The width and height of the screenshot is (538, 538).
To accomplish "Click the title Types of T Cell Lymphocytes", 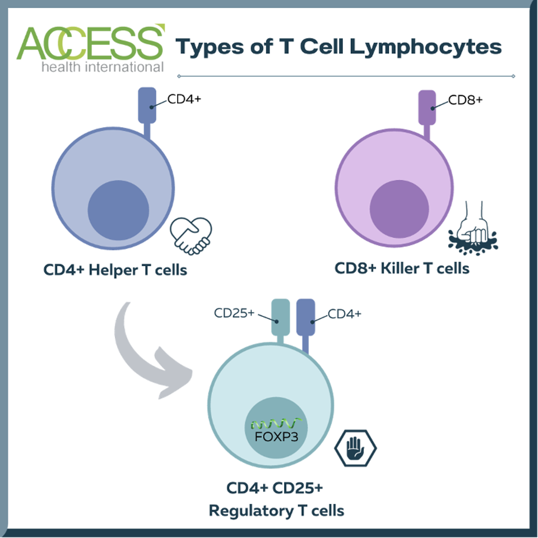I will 339,47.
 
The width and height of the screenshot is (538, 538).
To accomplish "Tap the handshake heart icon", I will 191,235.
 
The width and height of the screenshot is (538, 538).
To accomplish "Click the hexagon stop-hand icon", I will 355,447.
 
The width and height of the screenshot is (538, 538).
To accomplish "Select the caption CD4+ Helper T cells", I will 115,271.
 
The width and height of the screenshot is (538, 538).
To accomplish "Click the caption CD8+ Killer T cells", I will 402,268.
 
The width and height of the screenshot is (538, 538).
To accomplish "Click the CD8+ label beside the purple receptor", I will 465,101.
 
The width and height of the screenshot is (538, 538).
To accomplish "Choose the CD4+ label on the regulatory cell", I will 345,314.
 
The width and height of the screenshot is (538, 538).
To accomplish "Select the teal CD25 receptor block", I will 280,318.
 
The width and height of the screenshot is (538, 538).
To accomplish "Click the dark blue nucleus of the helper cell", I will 118,210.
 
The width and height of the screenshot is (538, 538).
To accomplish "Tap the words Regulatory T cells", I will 276,511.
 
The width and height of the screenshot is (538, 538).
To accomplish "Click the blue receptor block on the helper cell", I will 147,105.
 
